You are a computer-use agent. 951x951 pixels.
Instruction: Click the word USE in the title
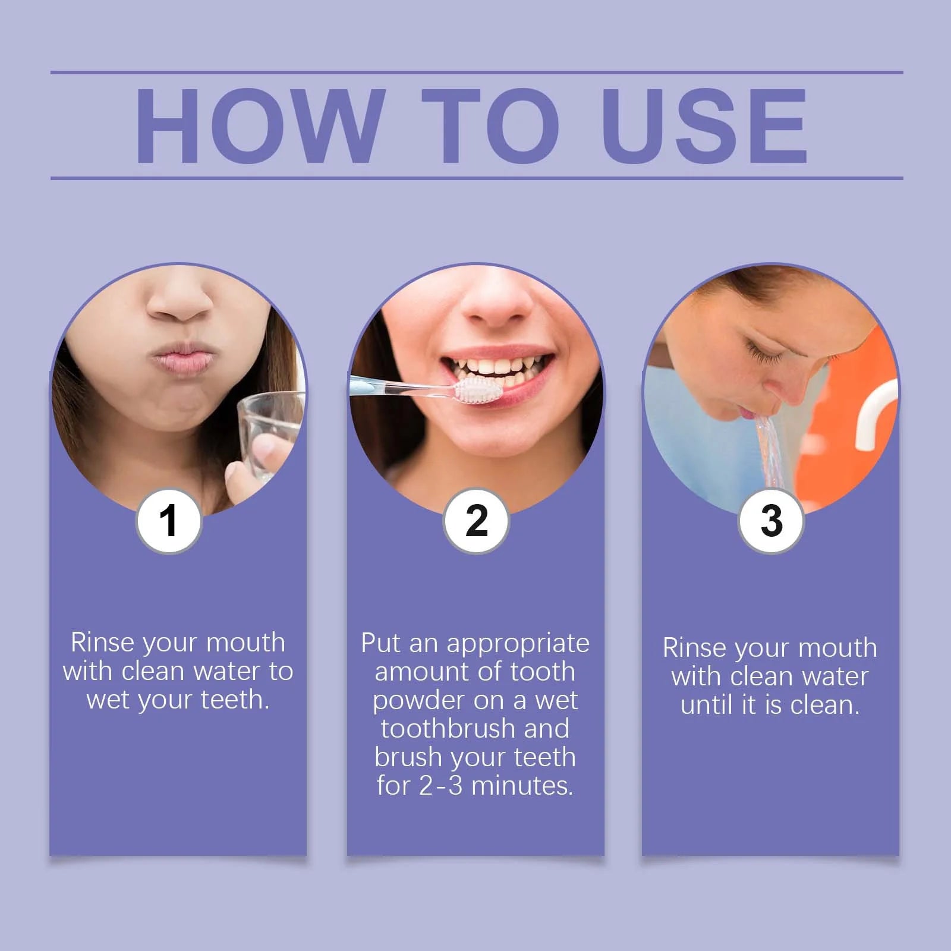pos(704,125)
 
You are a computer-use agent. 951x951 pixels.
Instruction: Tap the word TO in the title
pos(490,125)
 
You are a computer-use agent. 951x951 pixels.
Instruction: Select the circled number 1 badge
pos(169,521)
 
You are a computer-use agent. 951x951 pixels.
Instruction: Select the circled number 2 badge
pos(476,521)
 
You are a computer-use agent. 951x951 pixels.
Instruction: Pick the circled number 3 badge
pos(771,521)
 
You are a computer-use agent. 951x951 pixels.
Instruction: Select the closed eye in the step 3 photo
pos(767,357)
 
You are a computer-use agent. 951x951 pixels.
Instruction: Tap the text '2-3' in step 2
pos(440,786)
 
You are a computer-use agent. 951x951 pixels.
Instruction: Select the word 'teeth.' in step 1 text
pos(235,700)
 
